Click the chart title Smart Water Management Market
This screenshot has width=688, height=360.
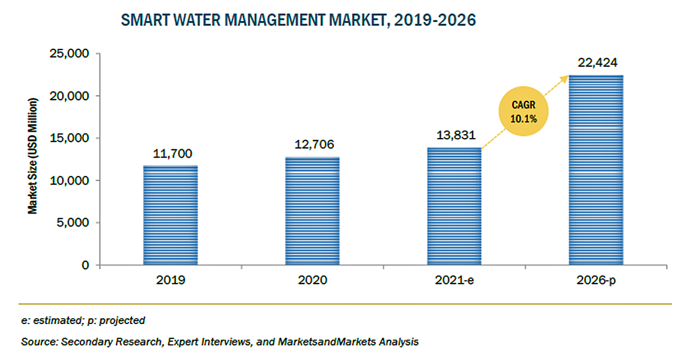(x=298, y=21)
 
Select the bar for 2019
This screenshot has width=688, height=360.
(x=170, y=215)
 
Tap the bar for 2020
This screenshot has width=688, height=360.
(x=312, y=211)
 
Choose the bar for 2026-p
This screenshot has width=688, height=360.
(x=596, y=170)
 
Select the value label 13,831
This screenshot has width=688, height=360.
(x=454, y=136)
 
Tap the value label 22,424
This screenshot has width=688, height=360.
(x=596, y=63)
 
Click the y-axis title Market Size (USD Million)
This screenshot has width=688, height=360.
(x=34, y=156)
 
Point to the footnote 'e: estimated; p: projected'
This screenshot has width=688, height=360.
(x=83, y=321)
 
